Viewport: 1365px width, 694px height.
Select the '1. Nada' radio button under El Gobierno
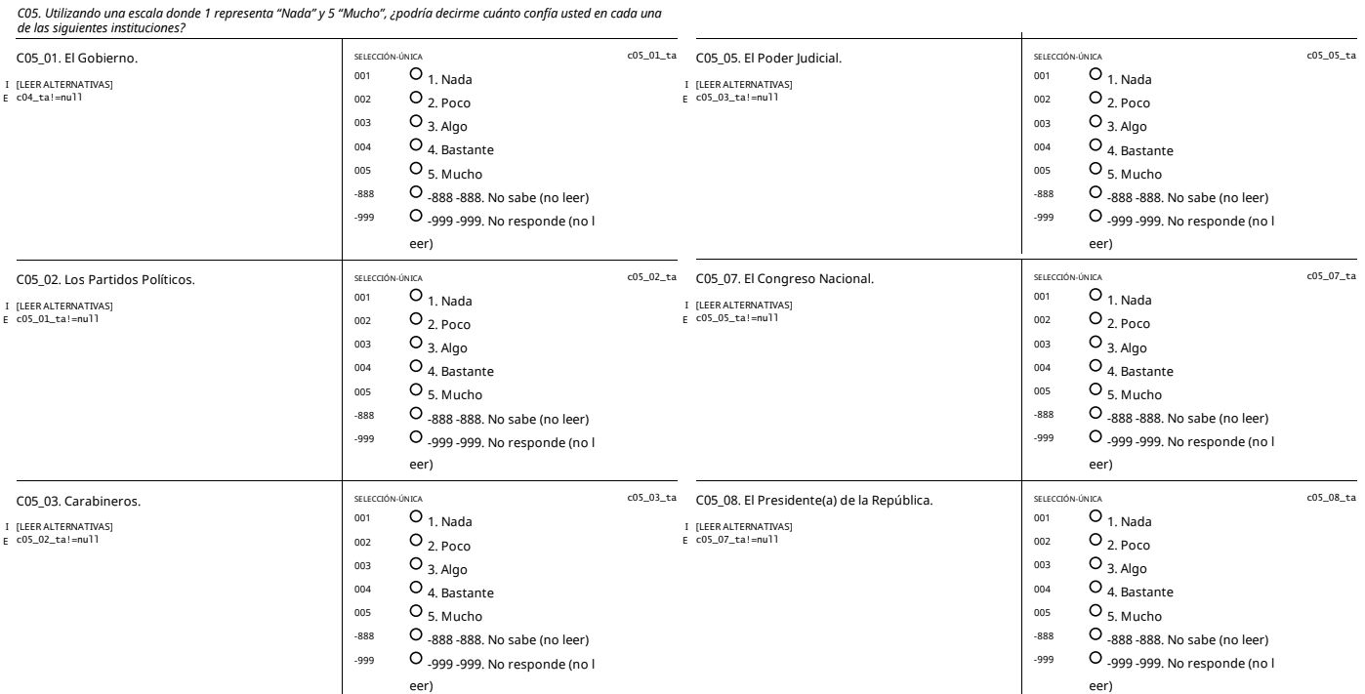coord(417,74)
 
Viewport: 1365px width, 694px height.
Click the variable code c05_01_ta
coord(651,56)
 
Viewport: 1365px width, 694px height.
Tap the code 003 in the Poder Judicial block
coord(1042,124)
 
